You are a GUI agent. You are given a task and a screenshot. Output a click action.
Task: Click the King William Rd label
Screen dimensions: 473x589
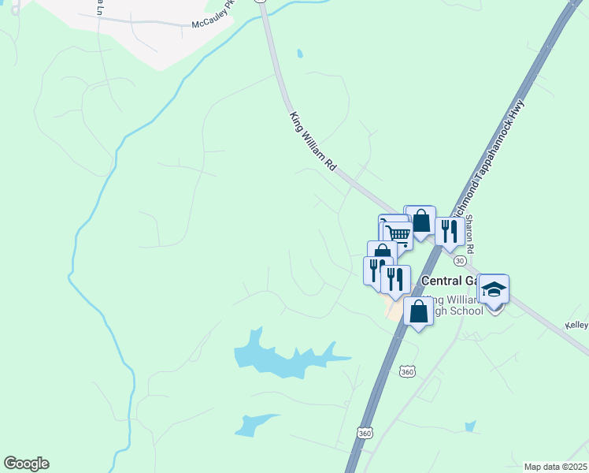tap(313, 143)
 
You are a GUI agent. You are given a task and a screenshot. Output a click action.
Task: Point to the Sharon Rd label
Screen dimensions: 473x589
tap(470, 235)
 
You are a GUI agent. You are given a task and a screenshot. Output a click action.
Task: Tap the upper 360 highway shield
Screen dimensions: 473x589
tap(406, 371)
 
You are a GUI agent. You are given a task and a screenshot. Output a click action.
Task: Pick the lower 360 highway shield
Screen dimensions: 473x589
tap(364, 433)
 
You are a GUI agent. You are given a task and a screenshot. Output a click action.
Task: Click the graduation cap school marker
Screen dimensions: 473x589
tap(494, 291)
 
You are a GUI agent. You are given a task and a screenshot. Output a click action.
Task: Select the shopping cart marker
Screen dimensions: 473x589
tap(398, 233)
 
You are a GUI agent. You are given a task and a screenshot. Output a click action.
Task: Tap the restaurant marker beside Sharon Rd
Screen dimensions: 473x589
tap(449, 232)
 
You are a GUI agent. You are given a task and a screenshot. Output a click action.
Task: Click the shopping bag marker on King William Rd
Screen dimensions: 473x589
tap(420, 221)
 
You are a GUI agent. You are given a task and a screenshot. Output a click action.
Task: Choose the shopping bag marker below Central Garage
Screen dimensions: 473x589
tap(418, 311)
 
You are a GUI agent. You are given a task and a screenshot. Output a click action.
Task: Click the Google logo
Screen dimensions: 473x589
tap(26, 464)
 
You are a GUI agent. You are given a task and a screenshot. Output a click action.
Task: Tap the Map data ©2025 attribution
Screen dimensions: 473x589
tap(554, 467)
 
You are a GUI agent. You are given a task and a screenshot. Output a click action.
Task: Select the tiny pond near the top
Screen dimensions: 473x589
tap(299, 54)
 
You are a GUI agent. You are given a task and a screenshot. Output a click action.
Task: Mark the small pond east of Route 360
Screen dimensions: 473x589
tap(470, 426)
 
